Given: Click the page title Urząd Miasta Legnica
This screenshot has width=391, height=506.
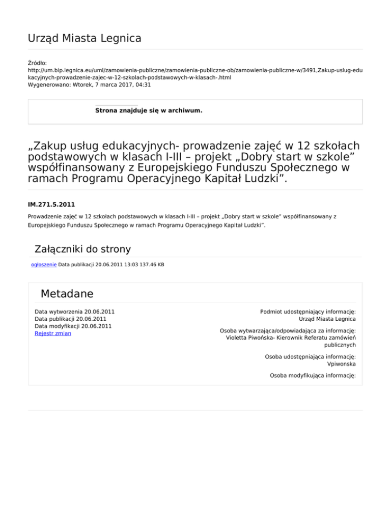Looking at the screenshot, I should click(x=85, y=38).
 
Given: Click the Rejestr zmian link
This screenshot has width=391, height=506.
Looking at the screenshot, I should click(x=53, y=333).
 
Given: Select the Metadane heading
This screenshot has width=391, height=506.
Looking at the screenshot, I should click(x=67, y=294).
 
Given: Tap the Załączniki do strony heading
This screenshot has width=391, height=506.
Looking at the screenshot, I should click(x=82, y=249).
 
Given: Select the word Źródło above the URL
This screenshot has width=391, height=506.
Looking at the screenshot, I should click(x=38, y=63).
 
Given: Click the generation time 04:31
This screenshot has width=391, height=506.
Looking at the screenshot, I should click(x=143, y=85).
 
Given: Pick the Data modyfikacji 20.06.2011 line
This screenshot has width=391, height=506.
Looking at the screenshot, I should click(x=73, y=326).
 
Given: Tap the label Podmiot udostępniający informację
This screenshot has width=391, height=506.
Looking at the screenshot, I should click(x=308, y=311).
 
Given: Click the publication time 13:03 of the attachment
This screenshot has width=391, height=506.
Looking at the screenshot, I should click(x=126, y=264).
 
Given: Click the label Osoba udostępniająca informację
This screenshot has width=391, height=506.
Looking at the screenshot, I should click(x=310, y=357).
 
